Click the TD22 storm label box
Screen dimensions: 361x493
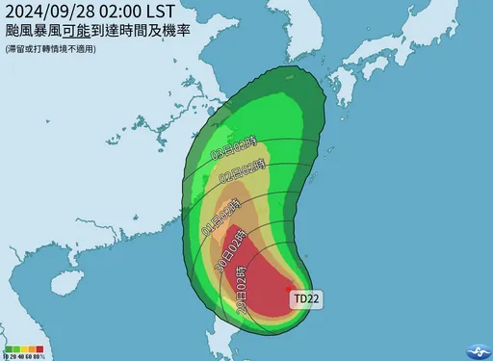click(307, 299)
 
